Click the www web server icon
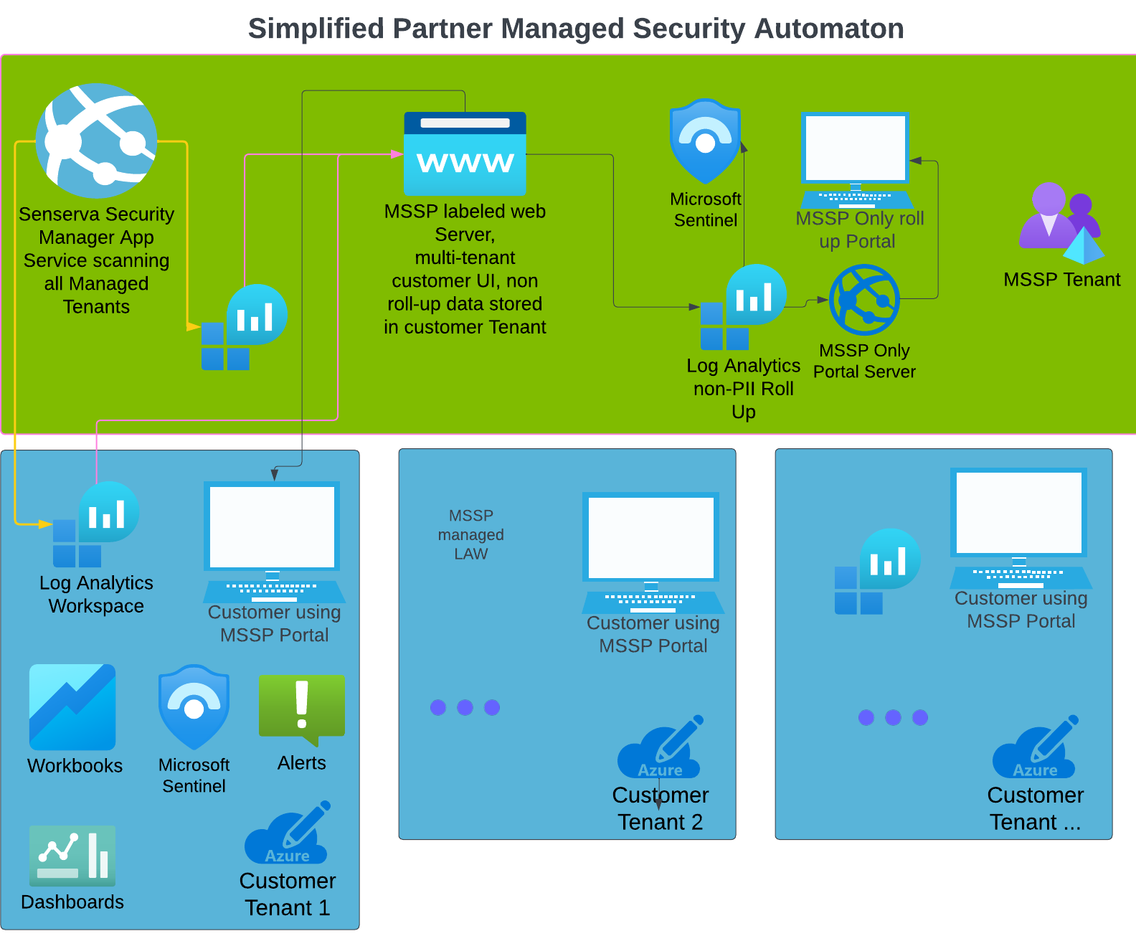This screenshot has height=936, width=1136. (x=465, y=153)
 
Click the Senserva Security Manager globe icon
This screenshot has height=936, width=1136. (x=97, y=141)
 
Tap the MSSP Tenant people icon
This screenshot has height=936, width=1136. (x=1060, y=222)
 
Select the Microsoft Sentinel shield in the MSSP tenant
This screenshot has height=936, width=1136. (x=705, y=141)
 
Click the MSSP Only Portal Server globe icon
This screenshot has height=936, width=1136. (x=864, y=300)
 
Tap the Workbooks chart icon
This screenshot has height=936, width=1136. (x=72, y=707)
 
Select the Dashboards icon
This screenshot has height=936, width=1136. (x=72, y=856)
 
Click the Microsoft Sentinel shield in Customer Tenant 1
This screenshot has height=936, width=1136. (x=194, y=707)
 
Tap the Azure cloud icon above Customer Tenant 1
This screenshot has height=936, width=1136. (x=288, y=835)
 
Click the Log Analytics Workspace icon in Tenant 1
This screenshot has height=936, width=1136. (x=95, y=524)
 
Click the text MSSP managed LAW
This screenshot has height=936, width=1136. (x=470, y=535)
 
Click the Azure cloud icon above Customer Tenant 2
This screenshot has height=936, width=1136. (x=660, y=749)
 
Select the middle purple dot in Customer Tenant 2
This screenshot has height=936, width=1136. (x=465, y=707)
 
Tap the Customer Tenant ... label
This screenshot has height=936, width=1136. (x=1035, y=808)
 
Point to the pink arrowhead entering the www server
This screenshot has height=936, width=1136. (x=397, y=154)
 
